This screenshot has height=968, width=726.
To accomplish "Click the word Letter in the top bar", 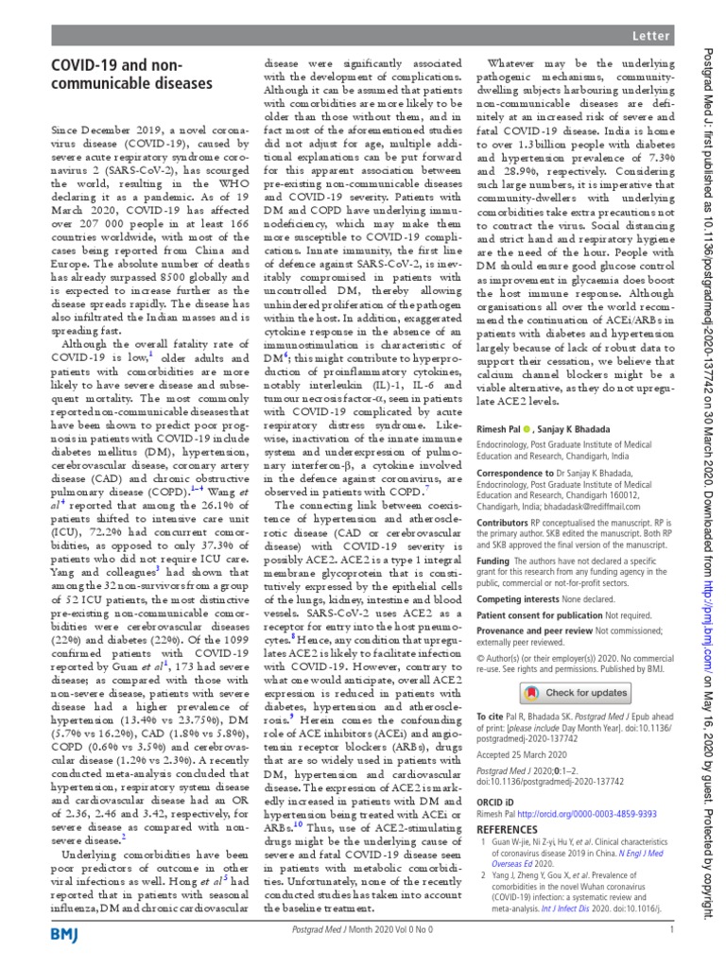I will [x=650, y=36].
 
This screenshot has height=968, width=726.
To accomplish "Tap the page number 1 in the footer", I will [x=670, y=930].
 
